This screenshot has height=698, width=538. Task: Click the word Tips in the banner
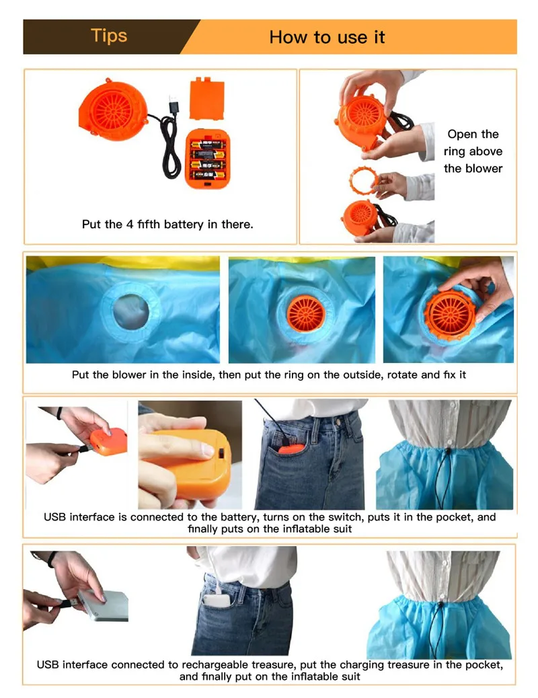(109, 36)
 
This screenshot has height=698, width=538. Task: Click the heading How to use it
(327, 37)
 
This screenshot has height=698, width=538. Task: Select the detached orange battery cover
(206, 98)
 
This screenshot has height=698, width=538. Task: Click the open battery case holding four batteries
(208, 159)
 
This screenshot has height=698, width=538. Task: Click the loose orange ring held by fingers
(364, 180)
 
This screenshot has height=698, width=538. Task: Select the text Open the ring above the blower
(473, 151)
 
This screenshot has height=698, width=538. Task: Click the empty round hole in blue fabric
(130, 311)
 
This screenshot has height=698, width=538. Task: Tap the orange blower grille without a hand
(306, 313)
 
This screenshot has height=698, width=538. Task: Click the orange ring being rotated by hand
(451, 313)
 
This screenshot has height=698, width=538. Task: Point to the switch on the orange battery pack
(221, 453)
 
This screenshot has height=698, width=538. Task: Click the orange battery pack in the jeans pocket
(292, 449)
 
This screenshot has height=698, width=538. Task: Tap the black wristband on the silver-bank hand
(52, 558)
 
